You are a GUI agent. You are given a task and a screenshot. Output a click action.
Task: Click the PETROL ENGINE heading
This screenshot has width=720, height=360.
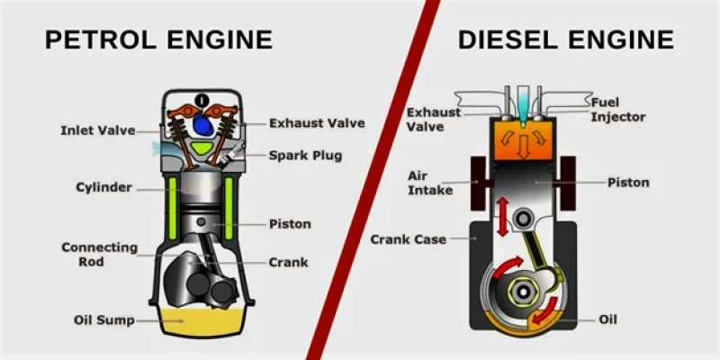(159, 40)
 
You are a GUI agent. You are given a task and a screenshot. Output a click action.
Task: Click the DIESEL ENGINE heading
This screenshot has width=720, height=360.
(566, 40)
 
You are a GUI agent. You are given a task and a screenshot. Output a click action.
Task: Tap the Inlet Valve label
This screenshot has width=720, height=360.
(98, 130)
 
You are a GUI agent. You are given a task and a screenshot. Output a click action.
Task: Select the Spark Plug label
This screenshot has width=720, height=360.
(305, 155)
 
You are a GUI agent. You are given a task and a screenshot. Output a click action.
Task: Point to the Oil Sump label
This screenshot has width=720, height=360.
(104, 320)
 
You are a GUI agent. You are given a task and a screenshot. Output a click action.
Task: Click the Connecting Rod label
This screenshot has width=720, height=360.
(99, 255)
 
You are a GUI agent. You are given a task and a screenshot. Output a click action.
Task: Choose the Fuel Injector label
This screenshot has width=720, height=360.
(618, 109)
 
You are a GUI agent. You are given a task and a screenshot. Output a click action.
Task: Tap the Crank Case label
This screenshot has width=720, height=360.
(409, 239)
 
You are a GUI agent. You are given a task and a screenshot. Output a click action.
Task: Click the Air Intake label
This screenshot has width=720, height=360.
(430, 184)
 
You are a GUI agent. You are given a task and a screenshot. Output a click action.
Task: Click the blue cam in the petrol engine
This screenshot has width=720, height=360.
(202, 125)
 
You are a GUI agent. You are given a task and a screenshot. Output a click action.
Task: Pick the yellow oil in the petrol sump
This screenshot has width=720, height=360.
(202, 321)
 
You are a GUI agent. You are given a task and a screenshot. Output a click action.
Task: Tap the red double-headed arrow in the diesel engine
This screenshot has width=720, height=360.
(503, 217)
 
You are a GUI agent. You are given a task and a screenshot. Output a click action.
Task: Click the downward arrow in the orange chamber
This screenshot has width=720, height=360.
(523, 148)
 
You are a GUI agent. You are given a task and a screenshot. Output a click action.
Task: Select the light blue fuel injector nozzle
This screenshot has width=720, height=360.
(523, 105)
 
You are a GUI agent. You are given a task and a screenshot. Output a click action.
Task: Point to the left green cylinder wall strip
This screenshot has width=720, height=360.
(173, 209)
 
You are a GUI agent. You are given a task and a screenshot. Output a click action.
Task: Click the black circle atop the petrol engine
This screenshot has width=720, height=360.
(201, 99)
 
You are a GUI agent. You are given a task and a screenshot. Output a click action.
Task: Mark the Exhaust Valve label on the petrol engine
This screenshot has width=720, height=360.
(317, 123)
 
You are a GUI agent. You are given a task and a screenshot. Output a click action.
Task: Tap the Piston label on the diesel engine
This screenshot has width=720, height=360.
(628, 183)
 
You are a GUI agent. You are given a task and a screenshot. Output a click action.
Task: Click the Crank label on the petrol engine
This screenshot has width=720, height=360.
(288, 262)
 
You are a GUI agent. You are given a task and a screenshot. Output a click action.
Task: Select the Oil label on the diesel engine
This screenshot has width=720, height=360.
(608, 319)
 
